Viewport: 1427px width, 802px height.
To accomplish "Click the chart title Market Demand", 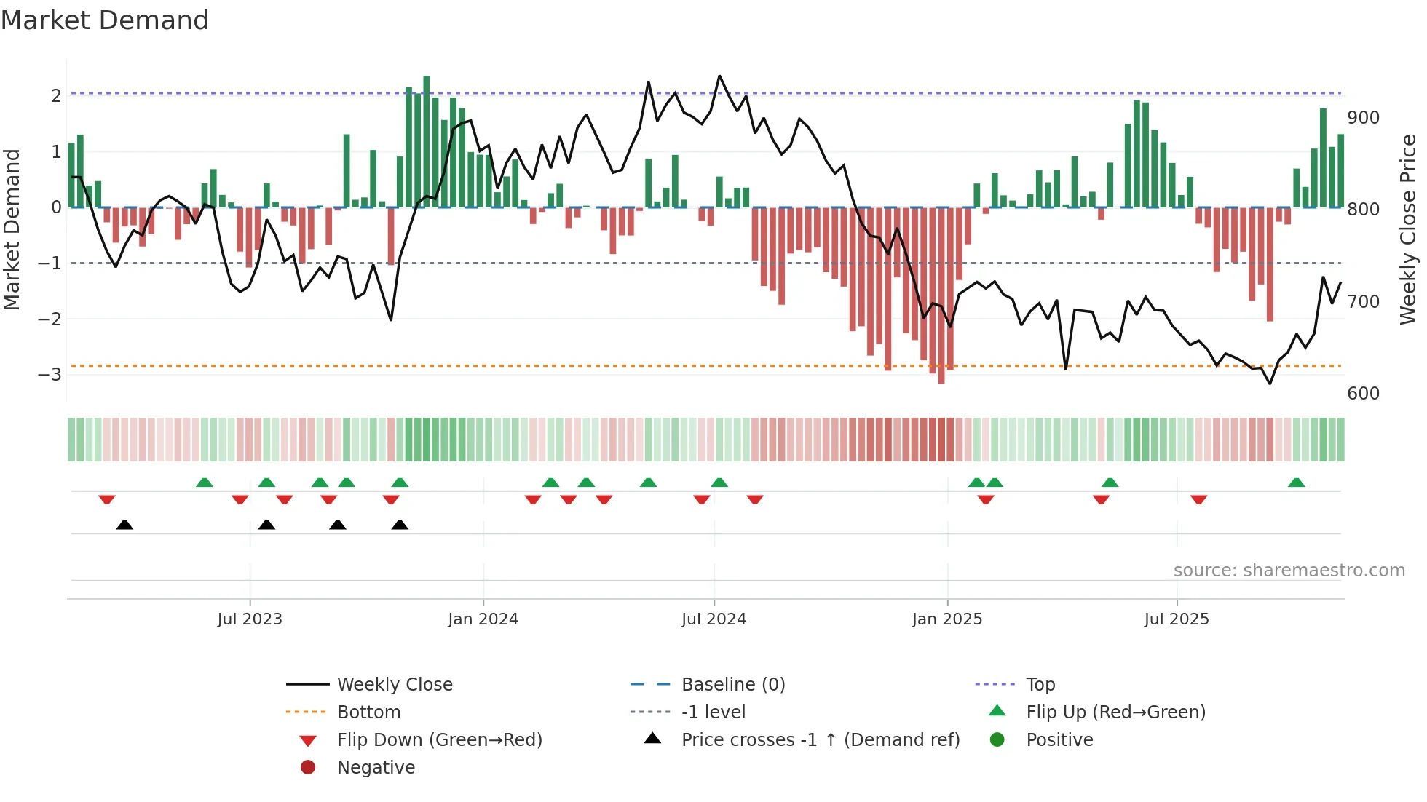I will (105, 20).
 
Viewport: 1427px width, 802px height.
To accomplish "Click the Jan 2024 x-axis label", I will (483, 619).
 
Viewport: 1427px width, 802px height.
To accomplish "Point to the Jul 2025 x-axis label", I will (1176, 619).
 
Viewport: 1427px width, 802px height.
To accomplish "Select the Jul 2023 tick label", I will (250, 619).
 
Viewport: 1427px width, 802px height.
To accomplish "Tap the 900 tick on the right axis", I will (1363, 118).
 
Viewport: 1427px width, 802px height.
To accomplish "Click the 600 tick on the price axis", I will (1363, 394).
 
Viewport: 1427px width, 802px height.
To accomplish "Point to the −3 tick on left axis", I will (50, 375).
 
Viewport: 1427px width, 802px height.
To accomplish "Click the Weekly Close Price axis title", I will (1408, 229).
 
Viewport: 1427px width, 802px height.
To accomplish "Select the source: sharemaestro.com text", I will (1289, 571).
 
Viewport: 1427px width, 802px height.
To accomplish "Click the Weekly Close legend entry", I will (394, 685).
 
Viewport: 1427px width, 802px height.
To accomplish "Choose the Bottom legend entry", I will (368, 712).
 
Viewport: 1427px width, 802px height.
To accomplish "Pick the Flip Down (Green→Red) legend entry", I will (439, 740).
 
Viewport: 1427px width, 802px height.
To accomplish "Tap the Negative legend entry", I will (376, 768).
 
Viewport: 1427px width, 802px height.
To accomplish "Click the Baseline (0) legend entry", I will (732, 685).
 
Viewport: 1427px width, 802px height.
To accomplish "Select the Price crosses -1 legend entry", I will (820, 740).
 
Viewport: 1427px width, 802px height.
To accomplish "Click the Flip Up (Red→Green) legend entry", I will (1115, 712).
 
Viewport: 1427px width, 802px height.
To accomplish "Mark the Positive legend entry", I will (1059, 740).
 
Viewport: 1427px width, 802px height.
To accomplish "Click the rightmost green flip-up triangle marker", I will (1296, 483).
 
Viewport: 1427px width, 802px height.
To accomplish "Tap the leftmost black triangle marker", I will (124, 525).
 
